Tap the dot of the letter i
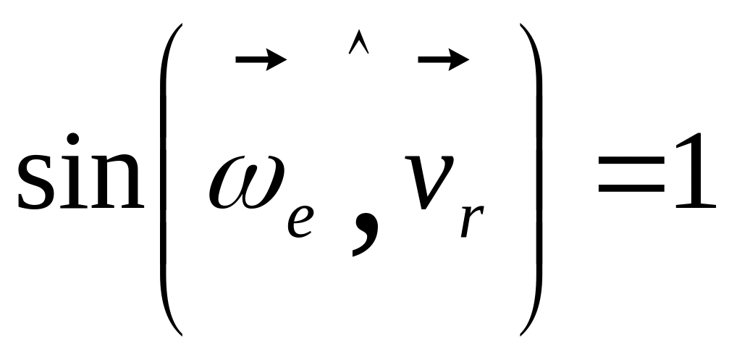(72, 139)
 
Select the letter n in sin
(117, 182)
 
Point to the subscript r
(472, 222)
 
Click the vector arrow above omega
(261, 59)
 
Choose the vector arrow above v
(444, 59)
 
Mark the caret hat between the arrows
(358, 42)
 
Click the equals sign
(631, 174)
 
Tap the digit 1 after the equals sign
(694, 170)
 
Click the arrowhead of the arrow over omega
(276, 59)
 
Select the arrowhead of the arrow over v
(459, 59)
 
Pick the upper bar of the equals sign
(631, 159)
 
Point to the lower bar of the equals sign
(631, 188)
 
